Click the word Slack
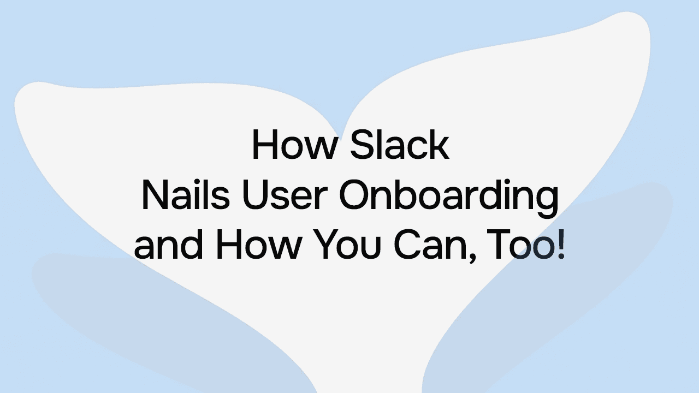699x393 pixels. coord(399,145)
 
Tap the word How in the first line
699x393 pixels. coord(293,145)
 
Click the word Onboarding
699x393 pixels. coord(449,198)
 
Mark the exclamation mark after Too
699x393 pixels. coord(560,245)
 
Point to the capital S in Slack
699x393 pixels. coord(362,145)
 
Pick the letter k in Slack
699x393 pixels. coord(439,145)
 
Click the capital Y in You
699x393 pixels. coord(323,245)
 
